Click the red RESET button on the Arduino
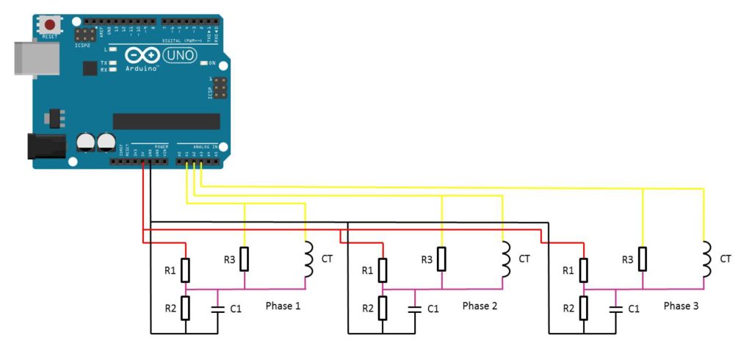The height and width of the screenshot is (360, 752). (50, 25)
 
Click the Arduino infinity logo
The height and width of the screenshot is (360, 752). (142, 56)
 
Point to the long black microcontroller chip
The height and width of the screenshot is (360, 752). (166, 121)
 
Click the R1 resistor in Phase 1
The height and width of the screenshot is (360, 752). (186, 270)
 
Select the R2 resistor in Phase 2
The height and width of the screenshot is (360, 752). (382, 309)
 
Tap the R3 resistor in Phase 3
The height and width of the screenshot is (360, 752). (643, 259)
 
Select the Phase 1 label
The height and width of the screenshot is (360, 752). (283, 306)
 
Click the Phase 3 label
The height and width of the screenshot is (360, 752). (681, 306)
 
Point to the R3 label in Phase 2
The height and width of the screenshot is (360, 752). (427, 259)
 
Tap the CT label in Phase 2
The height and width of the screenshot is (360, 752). (524, 259)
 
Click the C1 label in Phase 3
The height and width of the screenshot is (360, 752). (633, 309)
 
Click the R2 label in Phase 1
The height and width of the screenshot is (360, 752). (170, 309)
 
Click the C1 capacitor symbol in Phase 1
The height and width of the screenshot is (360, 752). (218, 309)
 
